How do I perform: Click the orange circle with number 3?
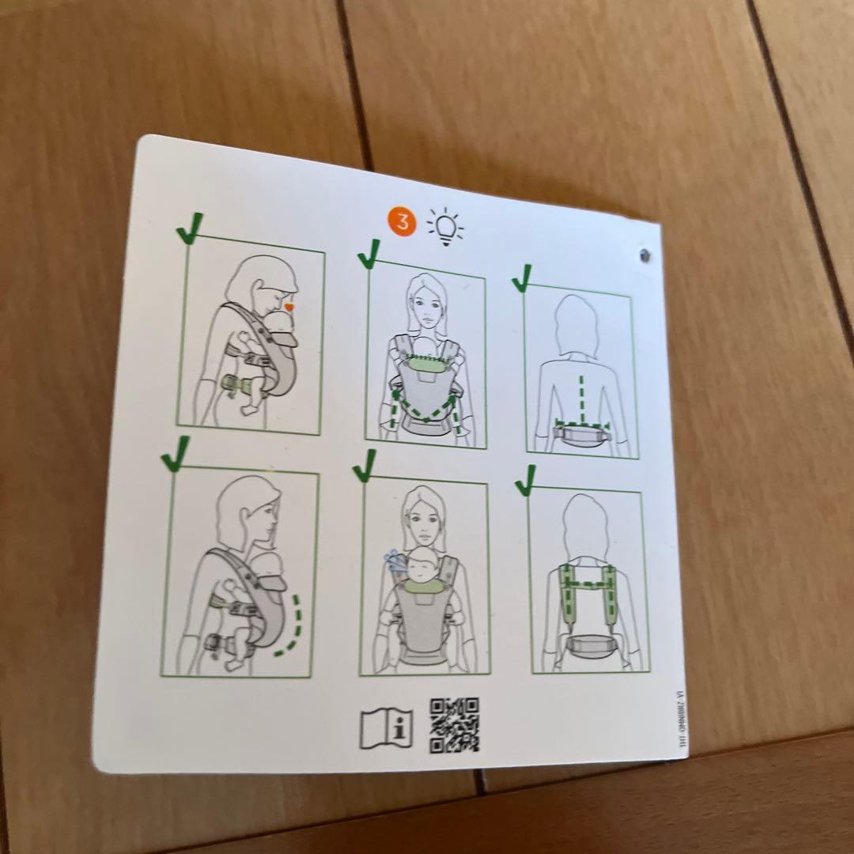click(402, 222)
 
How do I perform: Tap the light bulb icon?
click(445, 226)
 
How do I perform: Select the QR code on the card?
click(455, 724)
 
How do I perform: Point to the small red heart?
click(289, 305)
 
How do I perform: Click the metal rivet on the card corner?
click(646, 255)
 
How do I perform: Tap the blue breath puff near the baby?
click(393, 560)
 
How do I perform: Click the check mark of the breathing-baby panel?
click(365, 467)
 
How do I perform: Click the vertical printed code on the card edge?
click(677, 719)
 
